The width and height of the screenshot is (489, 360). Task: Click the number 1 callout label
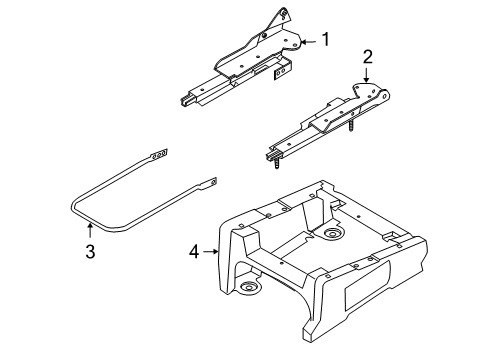click(325, 40)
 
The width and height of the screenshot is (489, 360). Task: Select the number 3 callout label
click(90, 252)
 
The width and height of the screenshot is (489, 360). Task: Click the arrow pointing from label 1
click(308, 41)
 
